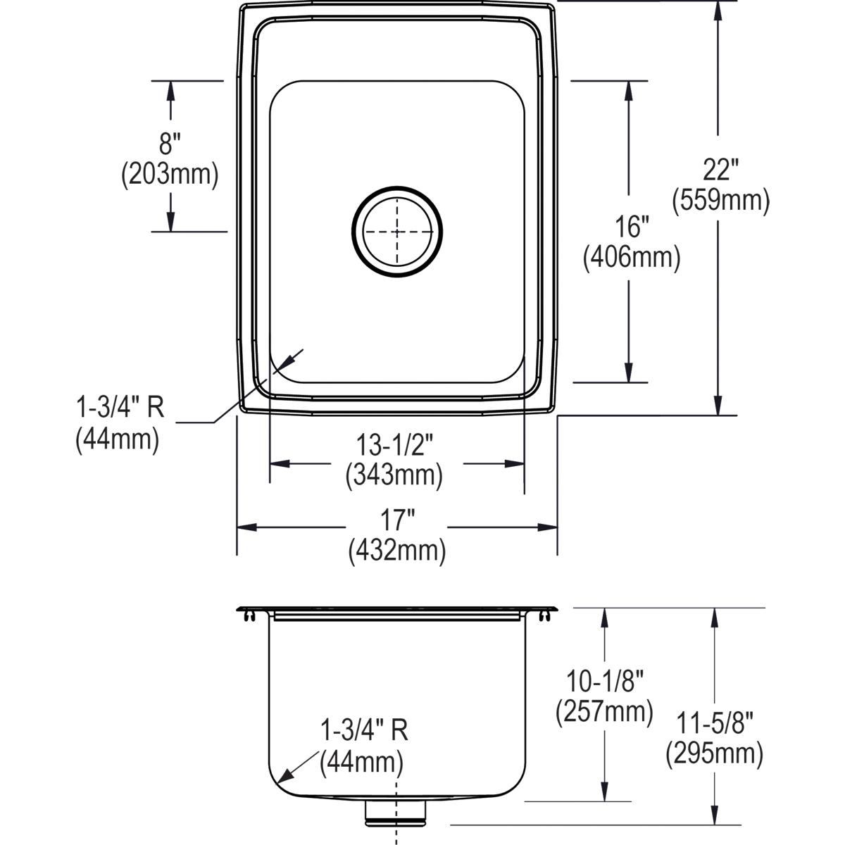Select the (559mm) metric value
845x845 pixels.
720,201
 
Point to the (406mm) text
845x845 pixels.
631,258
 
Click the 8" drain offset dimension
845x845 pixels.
170,144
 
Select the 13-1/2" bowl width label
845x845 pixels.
394,446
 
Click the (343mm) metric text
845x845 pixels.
394,476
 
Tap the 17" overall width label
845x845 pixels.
397,521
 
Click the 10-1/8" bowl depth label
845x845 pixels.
605,681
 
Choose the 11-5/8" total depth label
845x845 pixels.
715,722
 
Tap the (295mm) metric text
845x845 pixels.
715,753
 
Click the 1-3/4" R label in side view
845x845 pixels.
364,730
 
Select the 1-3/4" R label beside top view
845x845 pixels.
120,408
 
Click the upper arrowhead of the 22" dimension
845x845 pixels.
718,8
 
